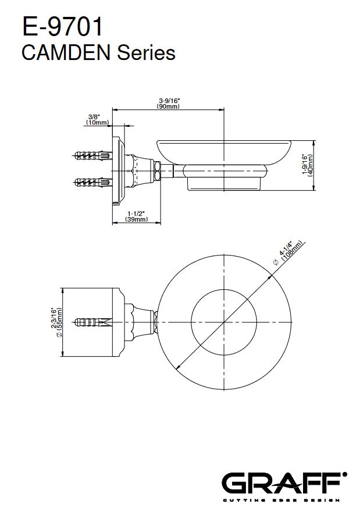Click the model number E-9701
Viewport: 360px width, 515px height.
coord(63,27)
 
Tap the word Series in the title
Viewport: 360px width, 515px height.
coord(147,53)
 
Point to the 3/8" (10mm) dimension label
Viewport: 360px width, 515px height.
coord(97,119)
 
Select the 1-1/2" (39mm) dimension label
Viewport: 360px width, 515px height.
coord(136,216)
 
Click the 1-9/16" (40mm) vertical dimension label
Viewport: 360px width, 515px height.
coord(308,165)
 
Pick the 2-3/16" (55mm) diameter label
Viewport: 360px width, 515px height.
coord(56,322)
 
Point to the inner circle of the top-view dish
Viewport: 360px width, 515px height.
coord(224,290)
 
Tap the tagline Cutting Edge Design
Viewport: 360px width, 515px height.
coord(281,500)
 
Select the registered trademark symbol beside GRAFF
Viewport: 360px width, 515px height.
coord(344,474)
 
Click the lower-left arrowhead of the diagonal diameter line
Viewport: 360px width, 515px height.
coord(179,367)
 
